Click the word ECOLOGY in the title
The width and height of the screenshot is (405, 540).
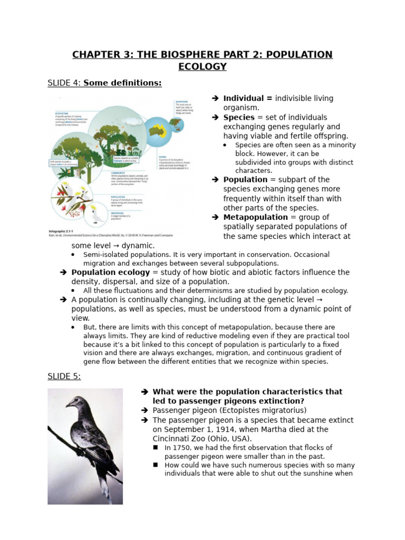[x=202, y=66]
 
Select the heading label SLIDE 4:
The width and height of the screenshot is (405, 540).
[x=64, y=83]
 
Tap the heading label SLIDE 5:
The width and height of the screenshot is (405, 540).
[x=64, y=376]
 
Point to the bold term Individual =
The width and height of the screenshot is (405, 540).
[x=248, y=98]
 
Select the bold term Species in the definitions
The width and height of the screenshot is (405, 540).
[x=239, y=117]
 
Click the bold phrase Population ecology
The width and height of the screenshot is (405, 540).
[x=111, y=272]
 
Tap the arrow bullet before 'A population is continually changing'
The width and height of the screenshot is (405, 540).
[x=63, y=300]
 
